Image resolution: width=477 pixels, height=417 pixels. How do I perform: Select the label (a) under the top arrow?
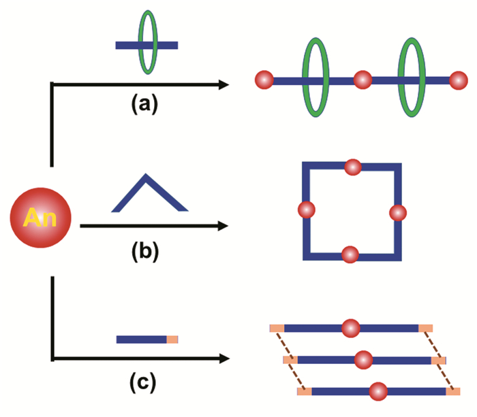(144, 103)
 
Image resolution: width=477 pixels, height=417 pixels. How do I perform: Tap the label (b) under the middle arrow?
(144, 252)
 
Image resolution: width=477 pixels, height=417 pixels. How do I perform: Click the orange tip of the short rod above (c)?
(172, 339)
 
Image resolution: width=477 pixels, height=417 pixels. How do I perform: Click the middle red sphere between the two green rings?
(363, 80)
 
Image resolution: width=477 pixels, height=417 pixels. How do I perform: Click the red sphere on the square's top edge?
(352, 167)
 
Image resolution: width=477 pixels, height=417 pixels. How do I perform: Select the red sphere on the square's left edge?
(307, 210)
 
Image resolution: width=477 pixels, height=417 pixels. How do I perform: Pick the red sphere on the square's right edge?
(397, 213)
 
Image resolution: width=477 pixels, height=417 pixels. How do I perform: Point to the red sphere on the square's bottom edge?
(350, 254)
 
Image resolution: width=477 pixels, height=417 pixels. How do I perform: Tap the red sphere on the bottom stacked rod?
(378, 391)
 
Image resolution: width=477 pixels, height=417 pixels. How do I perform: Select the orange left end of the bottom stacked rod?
(304, 391)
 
